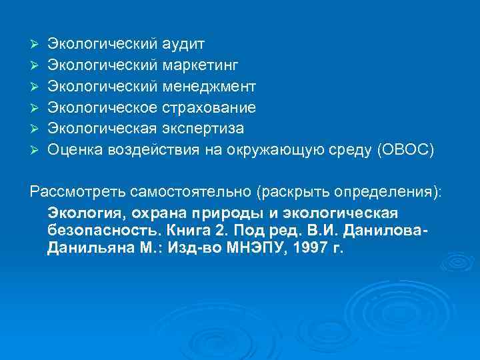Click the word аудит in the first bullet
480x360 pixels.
(183, 45)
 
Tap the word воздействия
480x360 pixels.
(151, 149)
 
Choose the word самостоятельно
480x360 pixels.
(177, 192)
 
